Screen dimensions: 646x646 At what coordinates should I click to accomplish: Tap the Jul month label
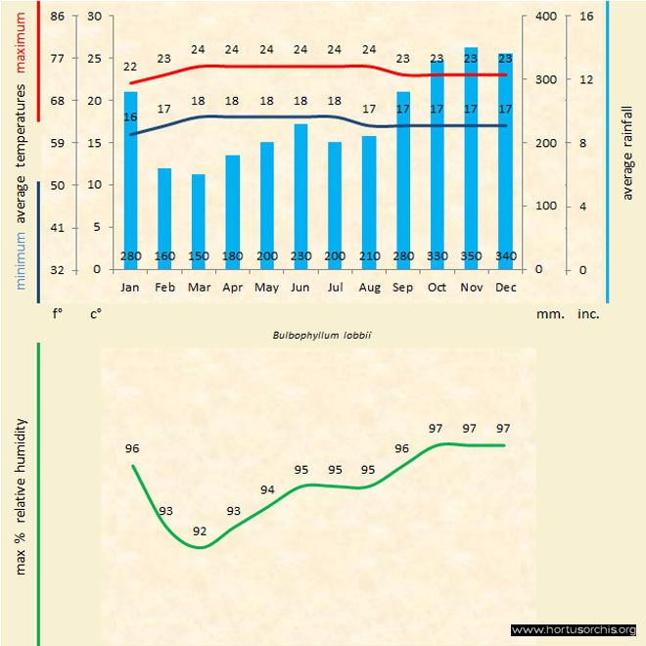click(x=335, y=288)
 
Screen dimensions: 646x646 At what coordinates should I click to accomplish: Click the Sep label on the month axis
click(x=402, y=288)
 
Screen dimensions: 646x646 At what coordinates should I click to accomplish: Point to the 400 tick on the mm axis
click(x=546, y=17)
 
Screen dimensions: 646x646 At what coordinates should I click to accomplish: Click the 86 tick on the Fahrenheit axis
click(x=58, y=17)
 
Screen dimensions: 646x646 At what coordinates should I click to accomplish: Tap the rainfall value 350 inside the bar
click(x=471, y=256)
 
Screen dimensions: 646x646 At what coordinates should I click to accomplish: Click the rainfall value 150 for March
click(x=199, y=256)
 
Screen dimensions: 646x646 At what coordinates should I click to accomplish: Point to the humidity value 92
click(x=200, y=531)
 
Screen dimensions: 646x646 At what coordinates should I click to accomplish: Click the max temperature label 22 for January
click(x=130, y=67)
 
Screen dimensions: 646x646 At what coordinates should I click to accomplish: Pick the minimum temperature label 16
click(x=130, y=117)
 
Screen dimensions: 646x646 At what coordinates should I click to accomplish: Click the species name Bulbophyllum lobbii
click(x=313, y=335)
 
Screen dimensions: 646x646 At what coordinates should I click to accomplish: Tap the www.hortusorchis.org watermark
click(x=574, y=629)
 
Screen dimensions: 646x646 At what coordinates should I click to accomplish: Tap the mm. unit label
click(x=547, y=315)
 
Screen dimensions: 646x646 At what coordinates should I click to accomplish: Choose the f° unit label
click(x=58, y=315)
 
